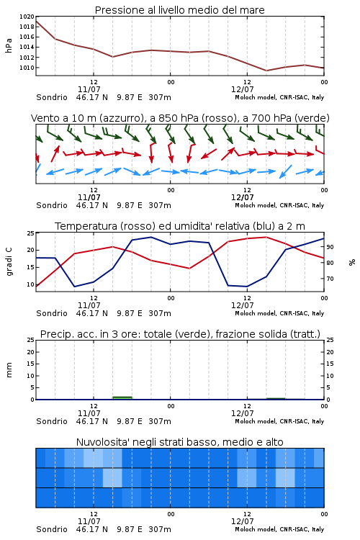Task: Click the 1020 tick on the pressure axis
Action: pyautogui.click(x=27, y=17)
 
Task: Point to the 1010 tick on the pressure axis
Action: pyautogui.click(x=27, y=68)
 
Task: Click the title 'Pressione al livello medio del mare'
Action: pyautogui.click(x=180, y=10)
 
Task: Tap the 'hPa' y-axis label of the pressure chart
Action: pyautogui.click(x=9, y=45)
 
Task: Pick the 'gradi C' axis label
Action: pyautogui.click(x=9, y=262)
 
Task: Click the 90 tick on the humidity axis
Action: pyautogui.click(x=330, y=247)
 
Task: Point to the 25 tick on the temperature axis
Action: pyautogui.click(x=31, y=233)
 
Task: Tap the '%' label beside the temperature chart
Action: pyautogui.click(x=352, y=262)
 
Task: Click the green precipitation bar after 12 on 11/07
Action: pyautogui.click(x=122, y=398)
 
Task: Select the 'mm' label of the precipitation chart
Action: pyautogui.click(x=9, y=370)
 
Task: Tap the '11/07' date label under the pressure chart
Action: pyautogui.click(x=89, y=89)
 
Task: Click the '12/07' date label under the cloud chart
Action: pyautogui.click(x=242, y=521)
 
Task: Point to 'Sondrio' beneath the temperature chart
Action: pyautogui.click(x=52, y=313)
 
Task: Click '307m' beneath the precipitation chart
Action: pyautogui.click(x=160, y=421)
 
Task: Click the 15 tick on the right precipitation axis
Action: pyautogui.click(x=330, y=364)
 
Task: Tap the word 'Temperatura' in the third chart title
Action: pyautogui.click(x=86, y=226)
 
